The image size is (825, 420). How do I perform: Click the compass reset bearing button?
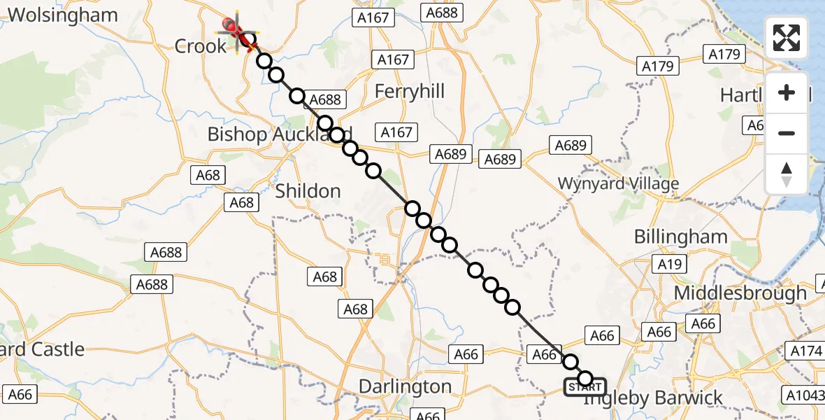[x=787, y=174]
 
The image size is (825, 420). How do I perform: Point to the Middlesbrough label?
[x=740, y=293]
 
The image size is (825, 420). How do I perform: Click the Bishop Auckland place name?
[x=280, y=134]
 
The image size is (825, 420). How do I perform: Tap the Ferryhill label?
[x=410, y=92]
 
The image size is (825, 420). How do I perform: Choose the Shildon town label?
[x=308, y=190]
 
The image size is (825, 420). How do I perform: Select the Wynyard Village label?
[x=618, y=184]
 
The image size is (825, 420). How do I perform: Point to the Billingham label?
[x=681, y=237]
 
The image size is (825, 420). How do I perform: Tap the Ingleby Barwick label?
[x=653, y=398]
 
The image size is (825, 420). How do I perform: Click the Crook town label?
[x=201, y=46]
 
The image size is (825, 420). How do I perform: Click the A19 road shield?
[x=670, y=264]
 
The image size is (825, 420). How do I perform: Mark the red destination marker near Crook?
[x=231, y=27]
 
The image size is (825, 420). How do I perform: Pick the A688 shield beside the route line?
[x=324, y=99]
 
